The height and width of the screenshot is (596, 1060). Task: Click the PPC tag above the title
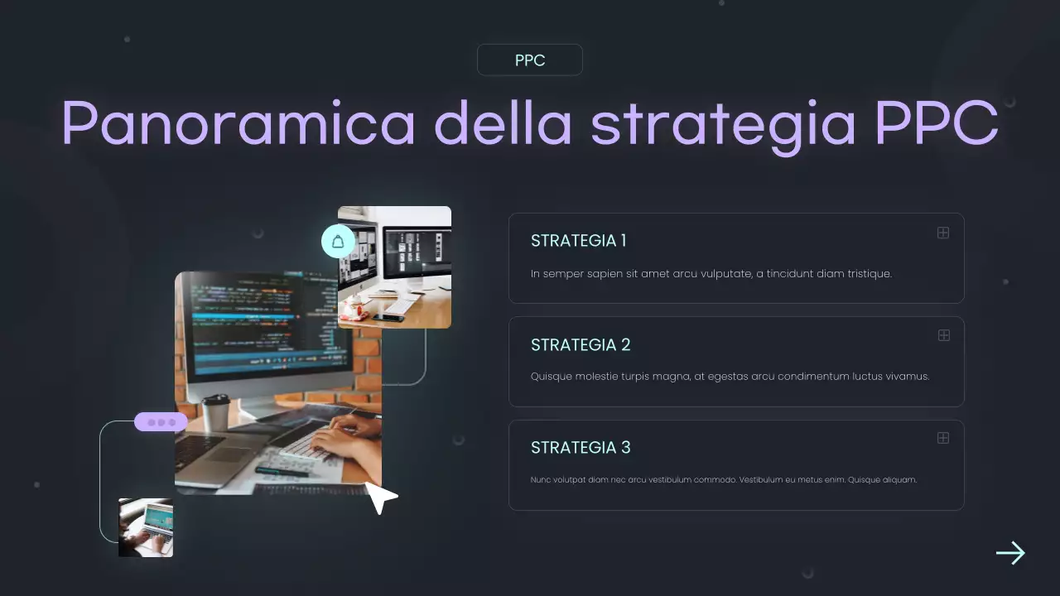pos(530,60)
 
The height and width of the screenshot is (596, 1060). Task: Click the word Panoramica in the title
pos(238,124)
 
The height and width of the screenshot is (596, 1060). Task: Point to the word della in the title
pos(503,124)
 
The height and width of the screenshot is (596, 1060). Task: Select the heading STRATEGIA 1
pos(578,241)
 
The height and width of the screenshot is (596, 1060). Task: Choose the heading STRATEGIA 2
pos(581,344)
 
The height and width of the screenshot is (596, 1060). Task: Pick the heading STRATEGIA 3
pos(581,448)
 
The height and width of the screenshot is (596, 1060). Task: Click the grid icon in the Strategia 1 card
pos(942,233)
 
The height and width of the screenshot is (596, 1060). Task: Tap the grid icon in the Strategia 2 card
pos(942,335)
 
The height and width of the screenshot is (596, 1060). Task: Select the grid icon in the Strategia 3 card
pos(942,438)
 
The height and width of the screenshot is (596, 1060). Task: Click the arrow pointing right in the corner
pos(1010,553)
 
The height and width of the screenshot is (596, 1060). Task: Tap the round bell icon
pos(338,241)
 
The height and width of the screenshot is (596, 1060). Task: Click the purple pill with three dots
pos(161,422)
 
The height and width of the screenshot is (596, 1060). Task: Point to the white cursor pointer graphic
pos(380,497)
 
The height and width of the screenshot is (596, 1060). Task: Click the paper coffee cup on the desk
pos(216,411)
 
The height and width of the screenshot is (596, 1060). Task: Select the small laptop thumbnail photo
pos(146,527)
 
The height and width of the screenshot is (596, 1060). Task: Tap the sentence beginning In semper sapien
pos(711,274)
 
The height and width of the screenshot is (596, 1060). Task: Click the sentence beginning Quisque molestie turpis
pos(730,377)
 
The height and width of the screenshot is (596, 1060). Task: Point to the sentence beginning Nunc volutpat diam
pos(723,480)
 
